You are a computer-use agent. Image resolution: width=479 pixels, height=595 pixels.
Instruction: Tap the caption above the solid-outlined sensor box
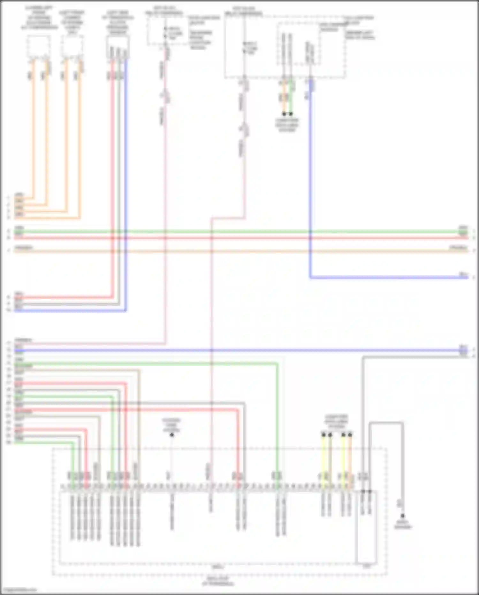pyautogui.click(x=118, y=23)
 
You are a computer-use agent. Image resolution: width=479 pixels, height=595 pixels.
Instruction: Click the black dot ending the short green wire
pyautogui.click(x=291, y=114)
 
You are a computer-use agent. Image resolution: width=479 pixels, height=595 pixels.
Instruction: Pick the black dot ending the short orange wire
pyautogui.click(x=284, y=114)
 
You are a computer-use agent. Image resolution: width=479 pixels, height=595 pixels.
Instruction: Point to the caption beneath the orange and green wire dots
pyautogui.click(x=287, y=125)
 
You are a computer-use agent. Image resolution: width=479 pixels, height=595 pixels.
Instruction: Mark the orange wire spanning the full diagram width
pyautogui.click(x=240, y=251)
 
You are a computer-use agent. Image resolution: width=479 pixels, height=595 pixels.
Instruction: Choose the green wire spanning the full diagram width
pyautogui.click(x=240, y=231)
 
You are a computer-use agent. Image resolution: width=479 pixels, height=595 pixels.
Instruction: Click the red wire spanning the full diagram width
pyautogui.click(x=240, y=238)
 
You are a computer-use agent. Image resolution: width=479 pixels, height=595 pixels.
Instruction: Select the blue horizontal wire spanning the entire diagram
pyautogui.click(x=240, y=350)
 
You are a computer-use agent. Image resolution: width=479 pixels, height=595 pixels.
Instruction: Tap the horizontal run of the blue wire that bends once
pyautogui.click(x=383, y=278)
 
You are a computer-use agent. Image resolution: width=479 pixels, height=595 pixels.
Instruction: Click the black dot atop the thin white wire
pyautogui.click(x=172, y=435)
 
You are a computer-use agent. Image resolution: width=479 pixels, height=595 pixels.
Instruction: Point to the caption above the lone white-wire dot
pyautogui.click(x=171, y=425)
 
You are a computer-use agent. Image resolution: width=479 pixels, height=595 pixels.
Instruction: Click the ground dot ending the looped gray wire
pyautogui.click(x=403, y=516)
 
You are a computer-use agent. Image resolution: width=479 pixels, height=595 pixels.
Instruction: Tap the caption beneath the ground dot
pyautogui.click(x=403, y=525)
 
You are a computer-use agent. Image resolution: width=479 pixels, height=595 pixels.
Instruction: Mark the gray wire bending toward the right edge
pyautogui.click(x=415, y=357)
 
